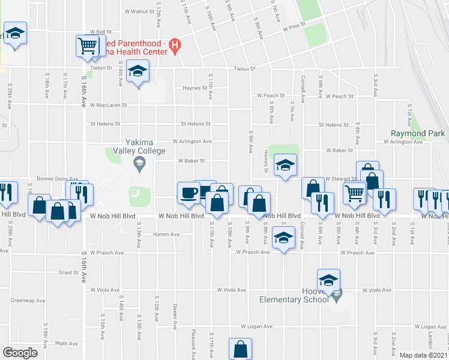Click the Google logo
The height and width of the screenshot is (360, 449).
coord(20,353)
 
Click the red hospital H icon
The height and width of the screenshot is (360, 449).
coord(175,44)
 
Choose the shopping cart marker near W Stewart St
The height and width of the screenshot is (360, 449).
coord(355,193)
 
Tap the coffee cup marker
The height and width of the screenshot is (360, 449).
coord(189,192)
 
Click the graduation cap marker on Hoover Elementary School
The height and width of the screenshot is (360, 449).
coord(328,280)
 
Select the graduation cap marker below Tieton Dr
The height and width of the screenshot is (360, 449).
coord(137,73)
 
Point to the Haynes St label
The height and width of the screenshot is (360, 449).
coord(195,88)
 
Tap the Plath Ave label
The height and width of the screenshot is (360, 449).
coord(66,344)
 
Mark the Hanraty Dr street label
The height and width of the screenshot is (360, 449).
coord(265,162)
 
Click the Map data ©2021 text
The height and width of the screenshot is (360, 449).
coord(423,355)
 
